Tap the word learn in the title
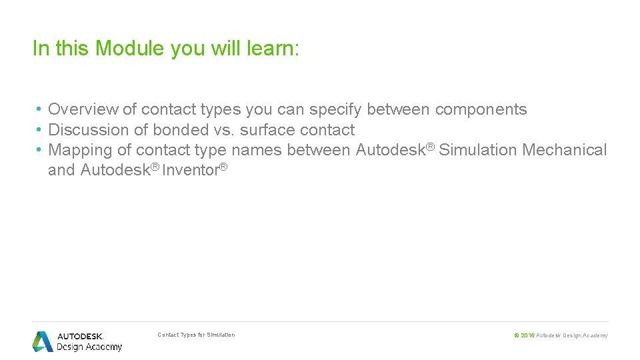pos(269,49)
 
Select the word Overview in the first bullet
pos(83,110)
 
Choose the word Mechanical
pos(565,150)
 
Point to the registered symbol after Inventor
pos(224,167)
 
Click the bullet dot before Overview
pos(40,110)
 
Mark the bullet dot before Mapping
pos(40,150)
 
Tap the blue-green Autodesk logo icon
pos(43,341)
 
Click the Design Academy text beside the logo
pos(89,347)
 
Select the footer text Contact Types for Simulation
pos(196,335)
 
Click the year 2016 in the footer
pos(527,335)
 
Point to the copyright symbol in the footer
pos(517,335)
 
